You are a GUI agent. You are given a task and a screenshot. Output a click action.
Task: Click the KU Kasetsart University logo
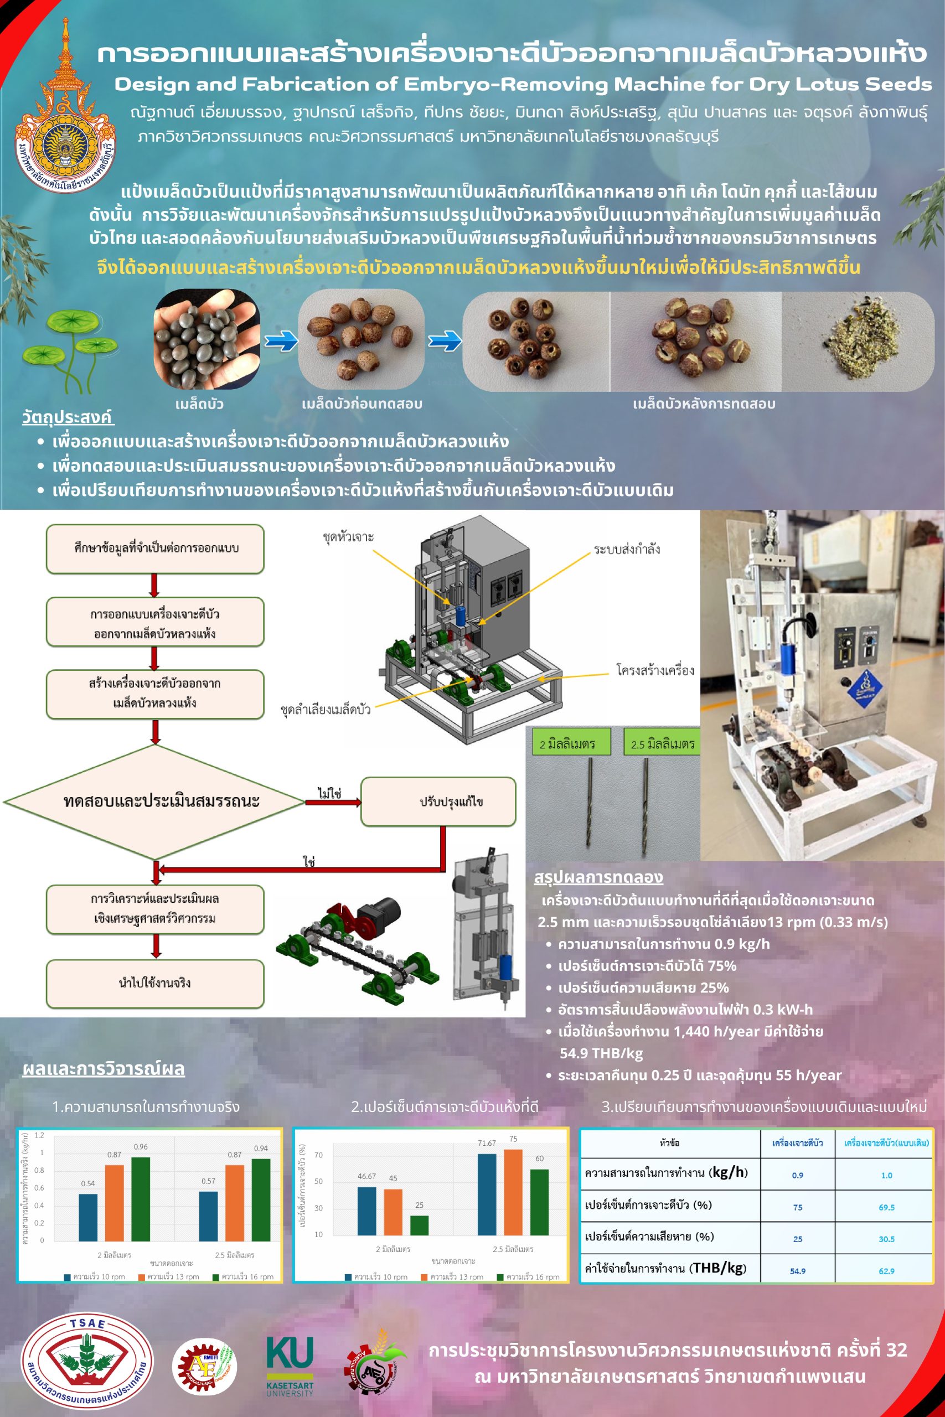[x=290, y=1365]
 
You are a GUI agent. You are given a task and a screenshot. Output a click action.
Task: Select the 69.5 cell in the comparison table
[x=886, y=1207]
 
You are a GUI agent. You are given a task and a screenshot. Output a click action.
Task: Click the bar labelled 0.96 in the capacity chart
[x=141, y=1198]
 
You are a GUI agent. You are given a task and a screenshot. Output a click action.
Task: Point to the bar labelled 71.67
[x=487, y=1194]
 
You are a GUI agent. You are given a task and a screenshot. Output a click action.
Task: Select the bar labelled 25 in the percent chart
[x=419, y=1225]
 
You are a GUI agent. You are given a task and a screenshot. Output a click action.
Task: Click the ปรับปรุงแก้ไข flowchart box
[x=438, y=801]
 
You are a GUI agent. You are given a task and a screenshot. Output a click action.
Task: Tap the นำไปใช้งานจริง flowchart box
[x=155, y=983]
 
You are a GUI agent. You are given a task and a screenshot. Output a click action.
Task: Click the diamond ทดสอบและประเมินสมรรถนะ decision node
[x=154, y=801]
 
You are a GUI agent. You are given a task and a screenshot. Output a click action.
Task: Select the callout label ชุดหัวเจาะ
[x=348, y=536]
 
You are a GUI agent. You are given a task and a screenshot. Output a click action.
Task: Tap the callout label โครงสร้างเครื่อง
[x=654, y=670]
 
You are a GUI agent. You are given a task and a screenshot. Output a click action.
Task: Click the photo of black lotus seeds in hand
[x=206, y=339]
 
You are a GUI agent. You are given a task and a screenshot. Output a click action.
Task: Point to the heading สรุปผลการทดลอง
[x=598, y=877]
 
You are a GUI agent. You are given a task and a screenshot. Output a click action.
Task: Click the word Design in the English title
[x=152, y=84]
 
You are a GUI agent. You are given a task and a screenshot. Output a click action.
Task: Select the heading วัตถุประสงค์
[x=68, y=417]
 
